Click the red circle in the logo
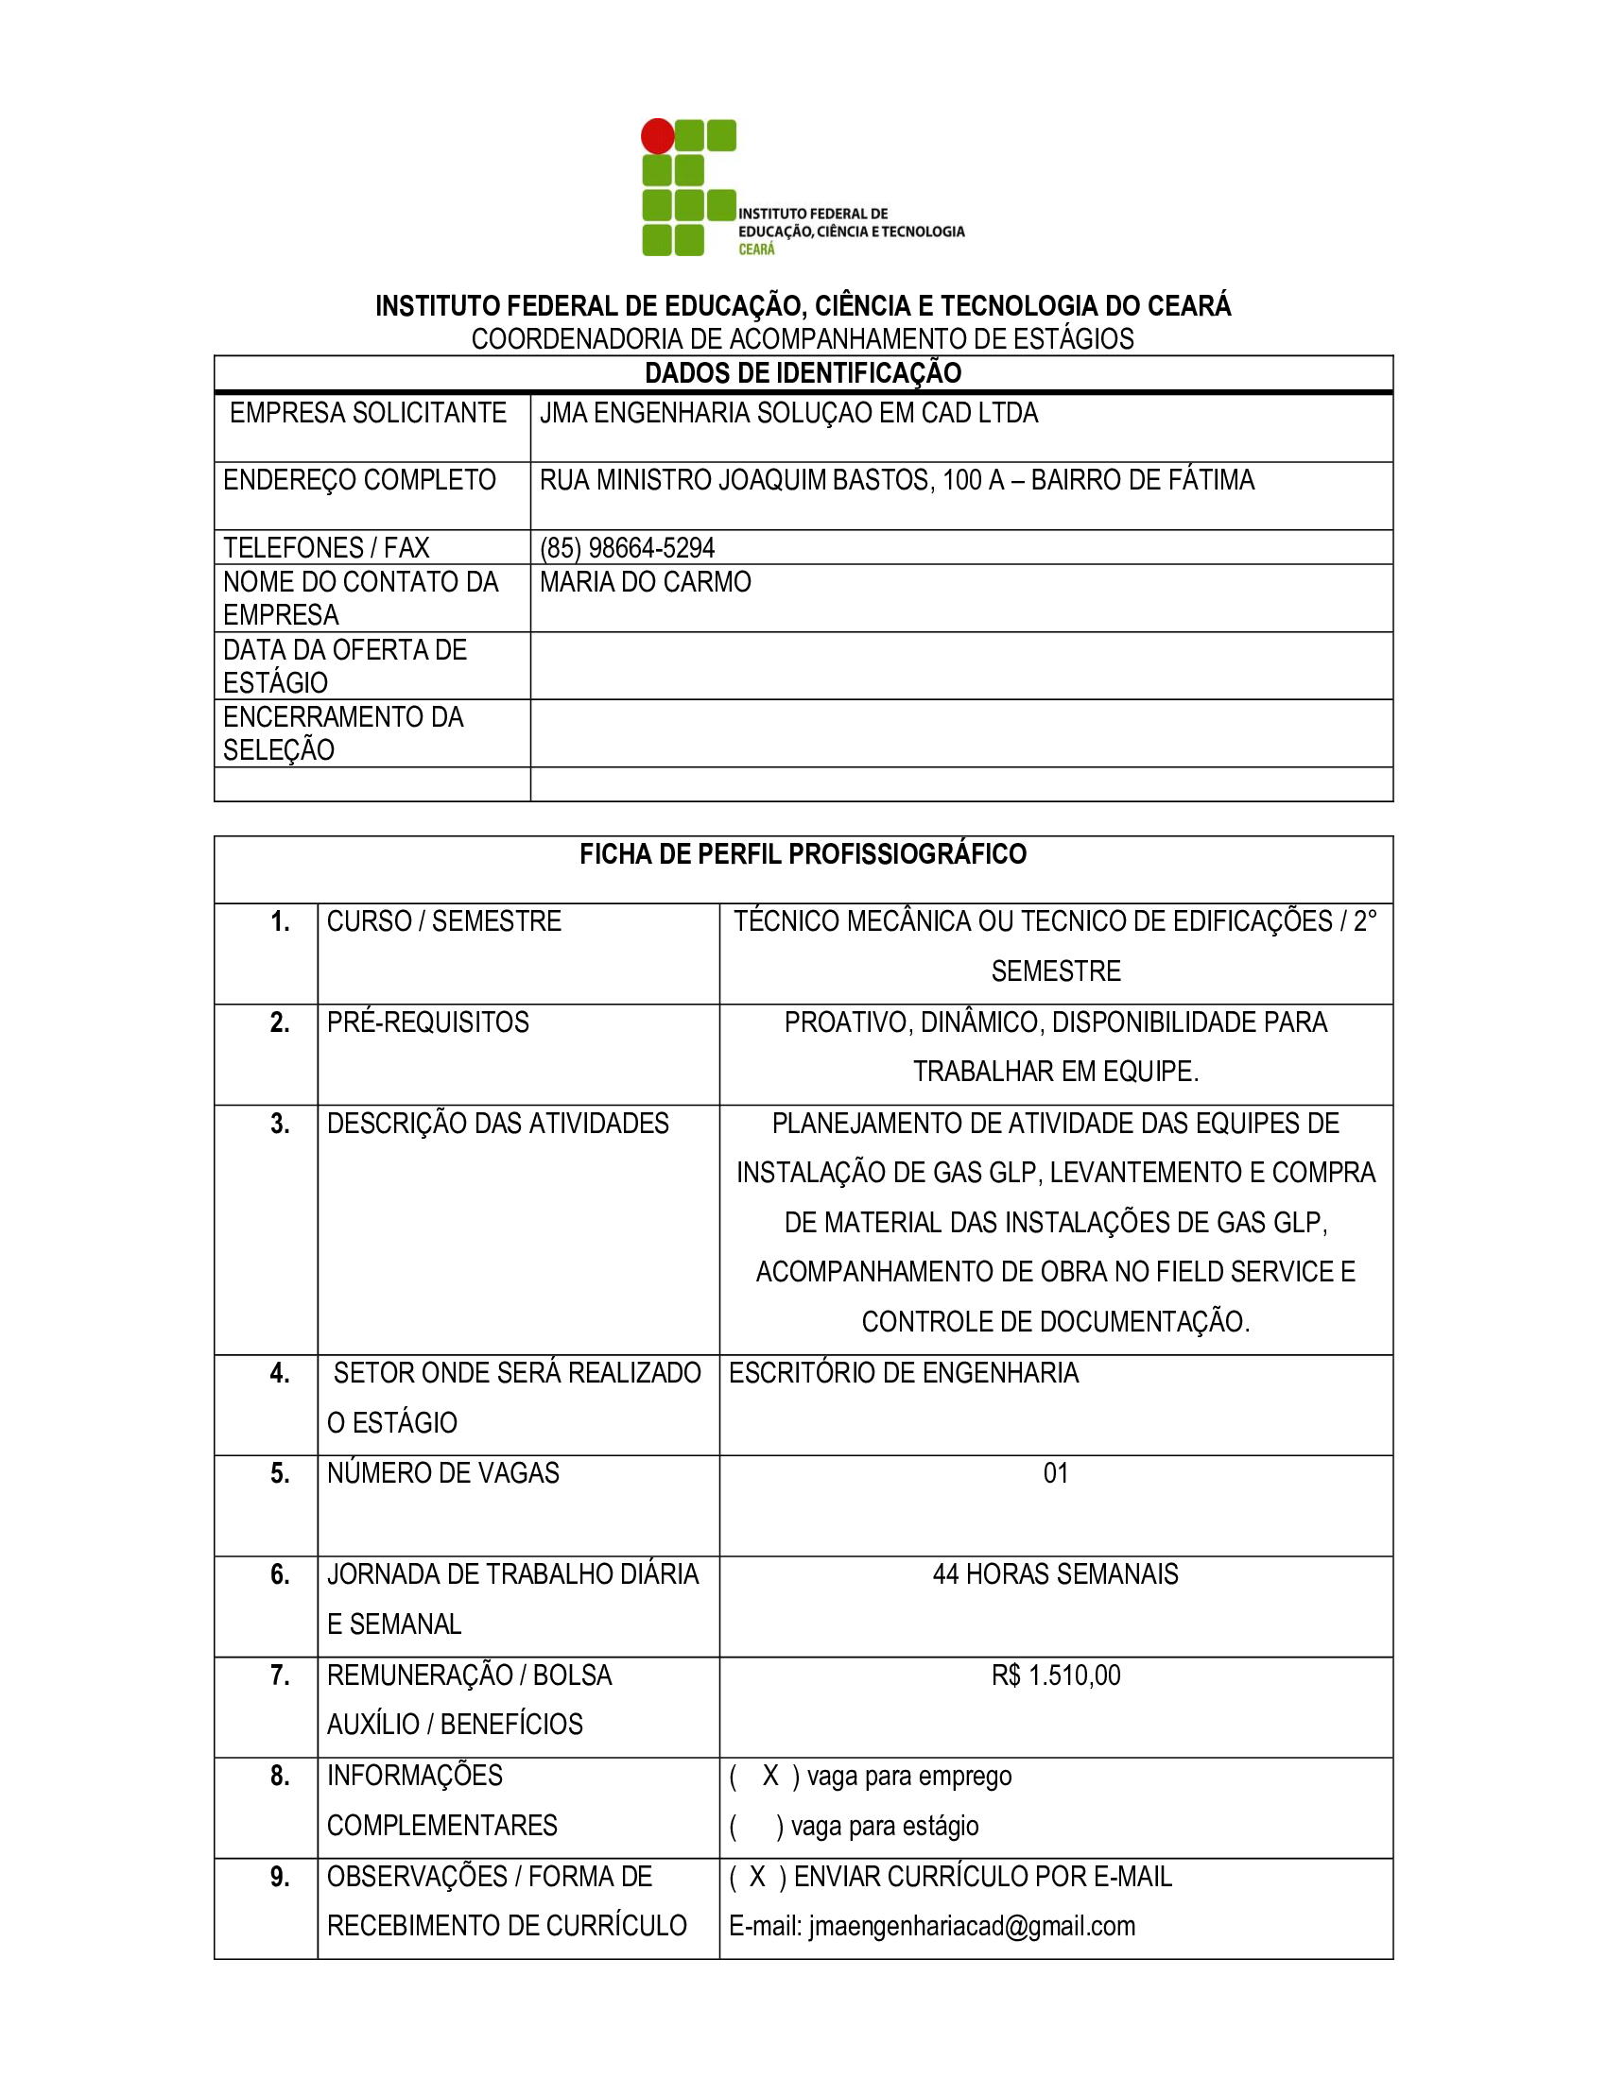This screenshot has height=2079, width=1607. pyautogui.click(x=657, y=136)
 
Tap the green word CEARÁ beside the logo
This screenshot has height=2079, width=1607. pyautogui.click(x=757, y=249)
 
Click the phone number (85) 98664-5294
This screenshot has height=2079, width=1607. pyautogui.click(x=627, y=547)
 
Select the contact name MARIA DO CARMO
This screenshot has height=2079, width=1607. pyautogui.click(x=645, y=581)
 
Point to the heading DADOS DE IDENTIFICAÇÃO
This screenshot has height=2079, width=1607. pyautogui.click(x=803, y=373)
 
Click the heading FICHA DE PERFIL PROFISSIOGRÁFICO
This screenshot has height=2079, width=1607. pyautogui.click(x=803, y=854)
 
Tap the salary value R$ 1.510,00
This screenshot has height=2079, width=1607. pyautogui.click(x=1055, y=1675)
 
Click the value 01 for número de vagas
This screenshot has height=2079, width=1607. pyautogui.click(x=1055, y=1472)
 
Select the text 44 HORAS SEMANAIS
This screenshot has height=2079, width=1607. pyautogui.click(x=1055, y=1573)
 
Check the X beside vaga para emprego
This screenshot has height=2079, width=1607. pyautogui.click(x=770, y=1776)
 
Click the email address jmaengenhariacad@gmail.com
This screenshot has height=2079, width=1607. pyautogui.click(x=971, y=1926)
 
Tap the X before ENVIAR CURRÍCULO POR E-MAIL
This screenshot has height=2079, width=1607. pyautogui.click(x=757, y=1876)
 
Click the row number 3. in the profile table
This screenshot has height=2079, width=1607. pyautogui.click(x=279, y=1124)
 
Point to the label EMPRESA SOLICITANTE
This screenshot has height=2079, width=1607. pyautogui.click(x=368, y=413)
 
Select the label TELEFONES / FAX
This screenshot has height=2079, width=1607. pyautogui.click(x=325, y=547)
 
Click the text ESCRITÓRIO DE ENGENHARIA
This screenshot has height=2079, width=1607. pyautogui.click(x=904, y=1373)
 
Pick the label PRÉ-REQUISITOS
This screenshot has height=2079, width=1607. pyautogui.click(x=427, y=1022)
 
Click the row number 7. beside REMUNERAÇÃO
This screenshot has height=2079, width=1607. pyautogui.click(x=279, y=1675)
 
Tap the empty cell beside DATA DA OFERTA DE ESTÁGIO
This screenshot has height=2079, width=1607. pyautogui.click(x=960, y=665)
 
